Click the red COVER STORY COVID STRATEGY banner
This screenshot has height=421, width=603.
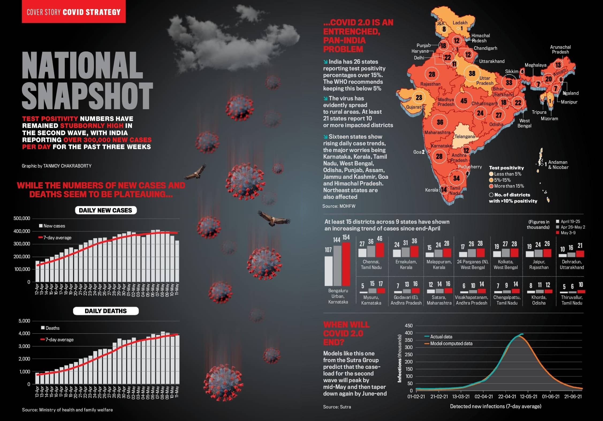[74, 12]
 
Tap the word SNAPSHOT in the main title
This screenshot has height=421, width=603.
[87, 96]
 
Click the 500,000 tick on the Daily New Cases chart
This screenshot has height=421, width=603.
[22, 218]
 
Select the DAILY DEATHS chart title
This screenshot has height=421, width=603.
[106, 311]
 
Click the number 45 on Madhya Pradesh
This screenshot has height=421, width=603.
[464, 101]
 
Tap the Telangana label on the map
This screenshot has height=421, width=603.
[465, 136]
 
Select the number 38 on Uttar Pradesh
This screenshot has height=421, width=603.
[472, 73]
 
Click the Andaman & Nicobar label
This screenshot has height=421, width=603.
[558, 165]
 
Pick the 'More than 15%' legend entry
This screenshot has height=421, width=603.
[509, 186]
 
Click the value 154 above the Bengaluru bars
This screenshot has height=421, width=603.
[346, 237]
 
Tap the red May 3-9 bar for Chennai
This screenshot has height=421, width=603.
[380, 250]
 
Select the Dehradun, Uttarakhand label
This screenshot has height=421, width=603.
[572, 264]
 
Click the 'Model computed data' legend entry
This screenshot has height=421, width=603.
[451, 343]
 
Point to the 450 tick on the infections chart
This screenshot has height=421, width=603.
[409, 326]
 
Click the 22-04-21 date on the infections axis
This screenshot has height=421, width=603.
[507, 396]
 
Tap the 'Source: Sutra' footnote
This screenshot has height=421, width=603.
[337, 407]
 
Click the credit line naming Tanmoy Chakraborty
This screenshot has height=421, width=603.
[57, 166]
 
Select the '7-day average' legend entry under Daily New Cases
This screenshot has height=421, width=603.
[57, 238]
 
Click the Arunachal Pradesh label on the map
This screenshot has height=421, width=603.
[560, 50]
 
